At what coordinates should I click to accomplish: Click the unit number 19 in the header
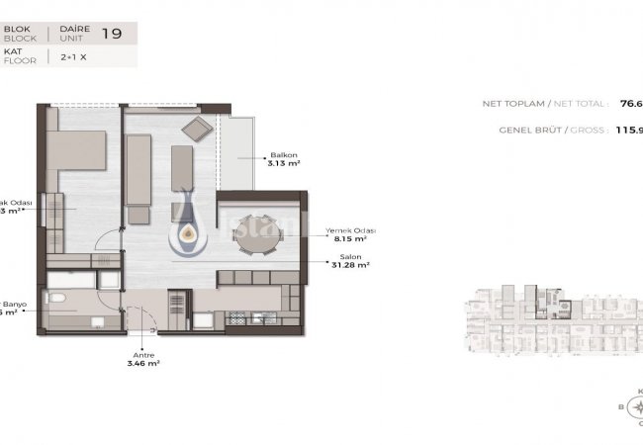click(x=118, y=36)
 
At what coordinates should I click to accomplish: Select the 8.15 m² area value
click(x=346, y=239)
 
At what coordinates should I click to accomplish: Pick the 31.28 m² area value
click(x=349, y=265)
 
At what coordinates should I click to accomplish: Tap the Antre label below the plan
click(x=145, y=354)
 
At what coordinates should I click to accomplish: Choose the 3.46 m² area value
click(x=145, y=364)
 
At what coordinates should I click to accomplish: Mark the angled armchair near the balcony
click(x=197, y=128)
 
